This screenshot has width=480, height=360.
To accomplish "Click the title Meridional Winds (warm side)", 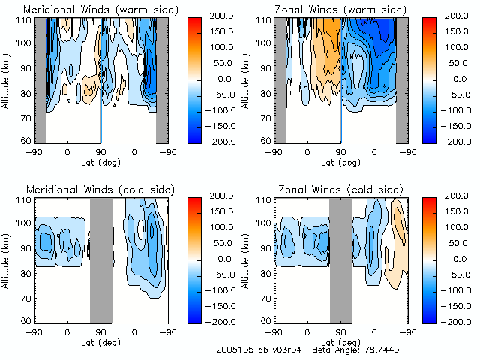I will pos(101,10).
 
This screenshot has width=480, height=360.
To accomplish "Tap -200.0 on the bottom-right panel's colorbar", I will pos(457,320).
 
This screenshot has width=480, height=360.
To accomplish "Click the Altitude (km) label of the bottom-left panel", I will pos(5,259).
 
